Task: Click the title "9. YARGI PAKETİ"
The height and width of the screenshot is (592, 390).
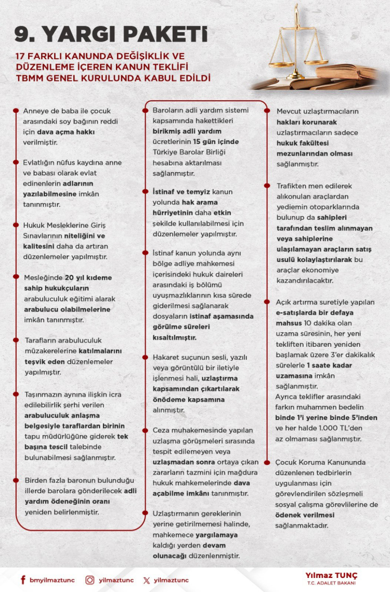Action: (110, 34)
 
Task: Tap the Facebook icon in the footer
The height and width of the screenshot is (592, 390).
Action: (23, 580)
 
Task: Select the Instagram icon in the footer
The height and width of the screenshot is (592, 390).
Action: (90, 580)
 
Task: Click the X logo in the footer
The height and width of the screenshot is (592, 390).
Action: (147, 580)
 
